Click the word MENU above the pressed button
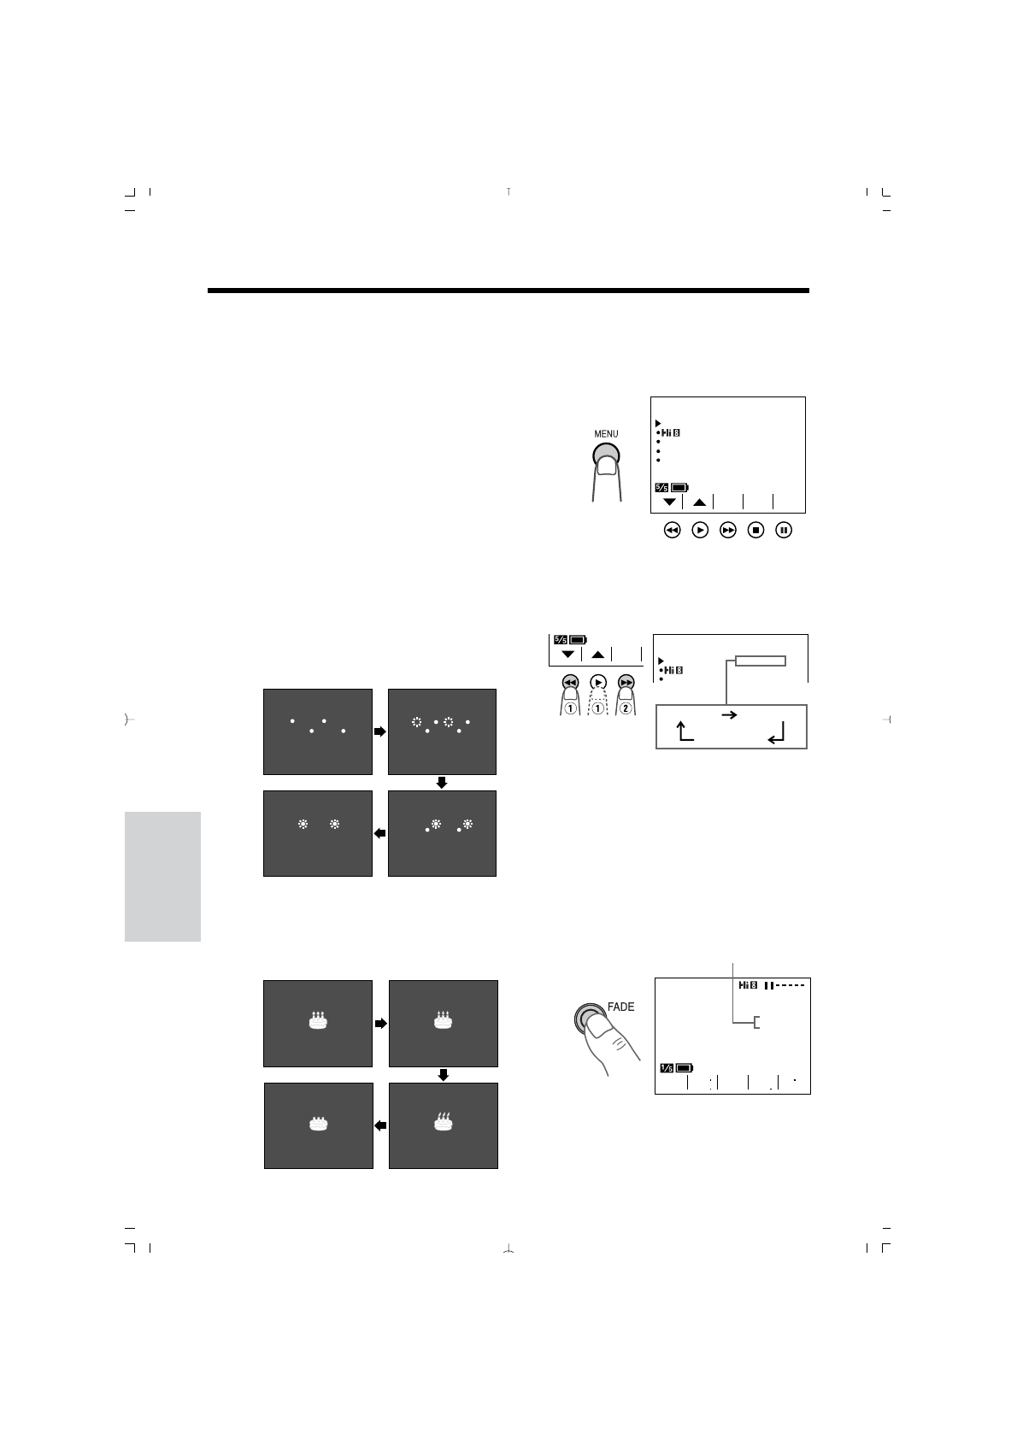click(x=606, y=434)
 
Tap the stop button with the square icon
click(x=755, y=531)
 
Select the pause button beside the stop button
click(x=784, y=531)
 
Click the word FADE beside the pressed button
click(x=621, y=1007)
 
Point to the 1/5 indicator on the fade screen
click(x=667, y=1067)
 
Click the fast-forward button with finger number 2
click(x=627, y=682)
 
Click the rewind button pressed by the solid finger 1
click(x=570, y=682)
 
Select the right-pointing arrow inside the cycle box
click(x=730, y=715)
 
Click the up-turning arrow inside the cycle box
click(x=684, y=731)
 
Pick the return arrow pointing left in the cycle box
click(x=776, y=733)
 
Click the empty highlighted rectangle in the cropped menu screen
click(x=760, y=661)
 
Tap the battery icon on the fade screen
click(x=685, y=1067)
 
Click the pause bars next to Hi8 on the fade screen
click(x=769, y=985)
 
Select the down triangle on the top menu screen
click(x=669, y=502)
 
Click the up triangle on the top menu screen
click(x=699, y=502)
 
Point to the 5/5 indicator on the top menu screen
click(x=662, y=488)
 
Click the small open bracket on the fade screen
click(x=756, y=1023)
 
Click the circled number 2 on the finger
click(x=628, y=708)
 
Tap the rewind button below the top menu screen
click(x=672, y=531)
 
